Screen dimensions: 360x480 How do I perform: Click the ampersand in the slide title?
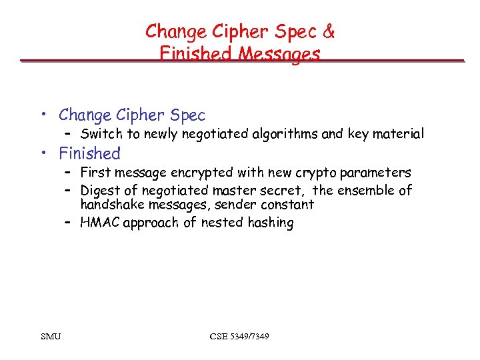coord(328,31)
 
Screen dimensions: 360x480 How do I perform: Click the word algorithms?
coord(285,134)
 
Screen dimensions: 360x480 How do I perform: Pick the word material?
coord(397,134)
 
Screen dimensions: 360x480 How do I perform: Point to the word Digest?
coord(101,191)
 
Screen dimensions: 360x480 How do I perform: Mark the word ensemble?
coord(366,191)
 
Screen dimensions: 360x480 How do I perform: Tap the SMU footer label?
coord(50,336)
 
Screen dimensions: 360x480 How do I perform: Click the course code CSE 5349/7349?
coord(239,336)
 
